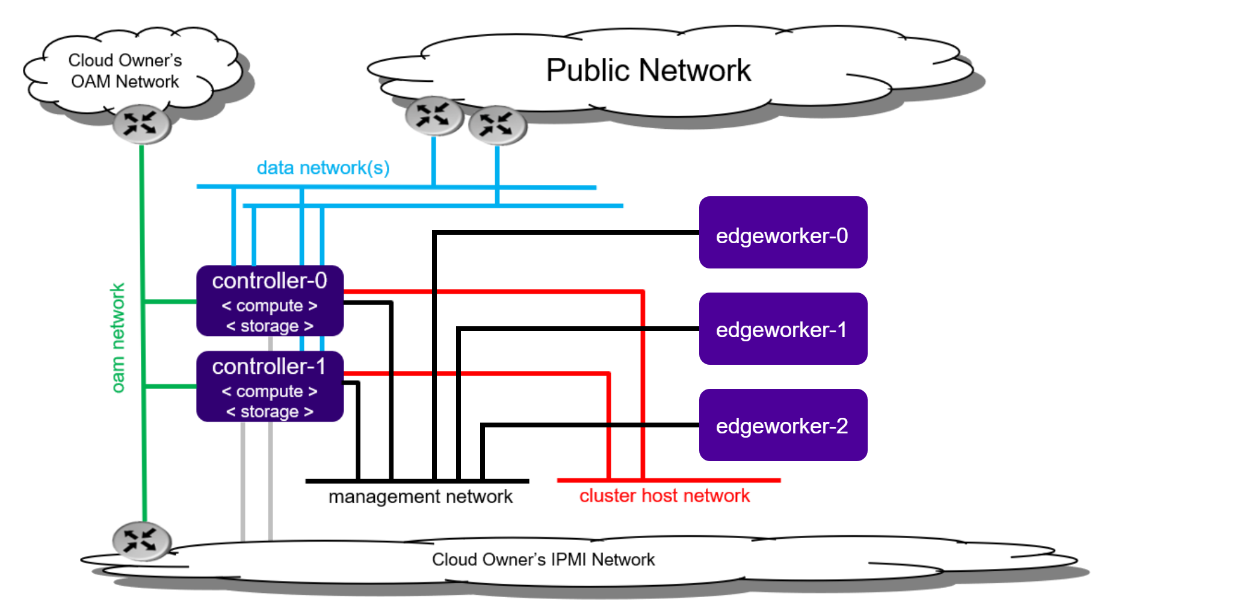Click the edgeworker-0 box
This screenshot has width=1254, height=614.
point(782,233)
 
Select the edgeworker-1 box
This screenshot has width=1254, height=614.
point(782,329)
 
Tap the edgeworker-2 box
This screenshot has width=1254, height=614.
point(782,425)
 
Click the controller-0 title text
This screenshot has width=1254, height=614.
point(270,281)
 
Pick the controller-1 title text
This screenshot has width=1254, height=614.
point(269,366)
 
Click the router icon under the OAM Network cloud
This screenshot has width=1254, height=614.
point(141,124)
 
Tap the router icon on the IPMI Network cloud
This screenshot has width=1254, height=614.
point(141,541)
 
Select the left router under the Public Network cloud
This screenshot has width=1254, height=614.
point(434,116)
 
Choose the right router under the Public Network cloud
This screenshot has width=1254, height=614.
point(497,125)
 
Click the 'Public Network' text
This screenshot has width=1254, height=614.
point(648,70)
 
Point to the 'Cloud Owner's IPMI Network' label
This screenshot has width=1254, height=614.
point(543,559)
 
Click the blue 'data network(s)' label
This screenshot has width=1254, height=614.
point(323,167)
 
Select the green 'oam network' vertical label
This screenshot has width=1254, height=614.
point(118,338)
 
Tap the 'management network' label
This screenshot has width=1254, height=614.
point(420,497)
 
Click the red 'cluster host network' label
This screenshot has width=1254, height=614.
point(664,495)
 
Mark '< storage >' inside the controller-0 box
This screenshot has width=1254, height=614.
point(270,326)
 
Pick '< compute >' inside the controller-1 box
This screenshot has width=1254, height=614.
point(270,391)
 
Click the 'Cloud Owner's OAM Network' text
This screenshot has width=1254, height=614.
point(125,71)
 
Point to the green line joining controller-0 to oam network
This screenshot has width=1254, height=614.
point(170,301)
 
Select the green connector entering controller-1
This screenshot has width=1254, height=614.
point(170,386)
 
